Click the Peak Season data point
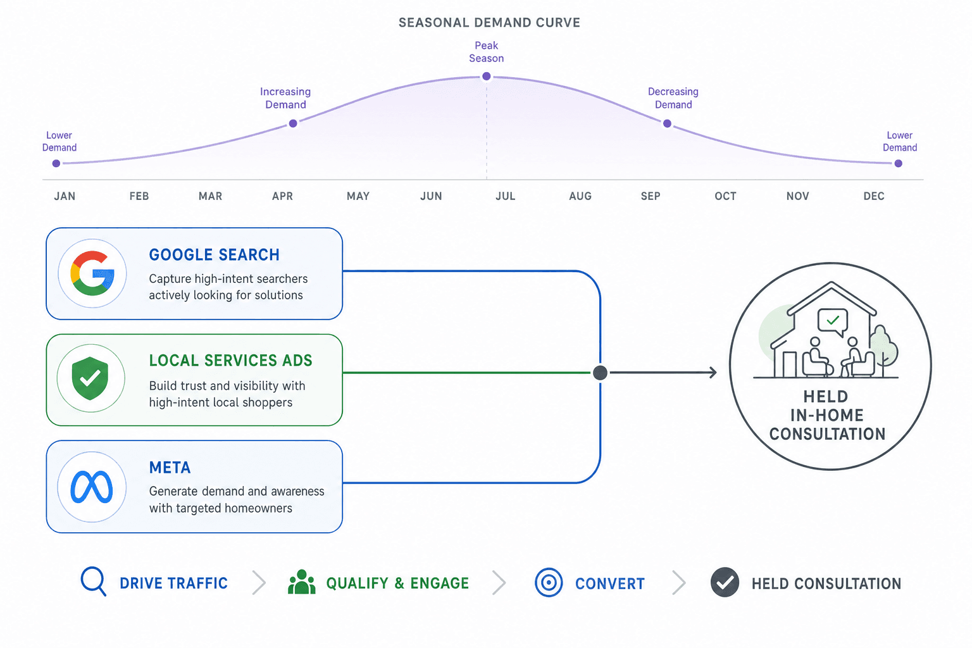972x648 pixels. click(487, 77)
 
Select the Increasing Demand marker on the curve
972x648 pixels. click(293, 123)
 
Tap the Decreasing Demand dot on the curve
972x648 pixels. click(668, 123)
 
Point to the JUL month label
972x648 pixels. click(506, 196)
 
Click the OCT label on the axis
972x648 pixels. click(726, 196)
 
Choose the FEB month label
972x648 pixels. click(139, 196)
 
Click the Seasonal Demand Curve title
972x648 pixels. click(489, 23)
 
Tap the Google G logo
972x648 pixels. click(92, 273)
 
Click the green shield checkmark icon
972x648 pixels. click(90, 378)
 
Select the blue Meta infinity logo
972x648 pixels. click(92, 487)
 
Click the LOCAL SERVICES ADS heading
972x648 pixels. click(230, 360)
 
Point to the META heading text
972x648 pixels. click(170, 468)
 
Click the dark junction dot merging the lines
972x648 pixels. click(600, 372)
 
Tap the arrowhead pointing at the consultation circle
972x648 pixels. click(713, 372)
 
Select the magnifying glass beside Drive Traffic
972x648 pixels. click(93, 581)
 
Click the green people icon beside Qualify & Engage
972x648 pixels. click(302, 582)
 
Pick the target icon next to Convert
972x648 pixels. click(549, 582)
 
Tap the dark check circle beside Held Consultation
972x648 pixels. click(725, 582)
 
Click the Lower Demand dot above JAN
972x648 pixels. click(56, 164)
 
